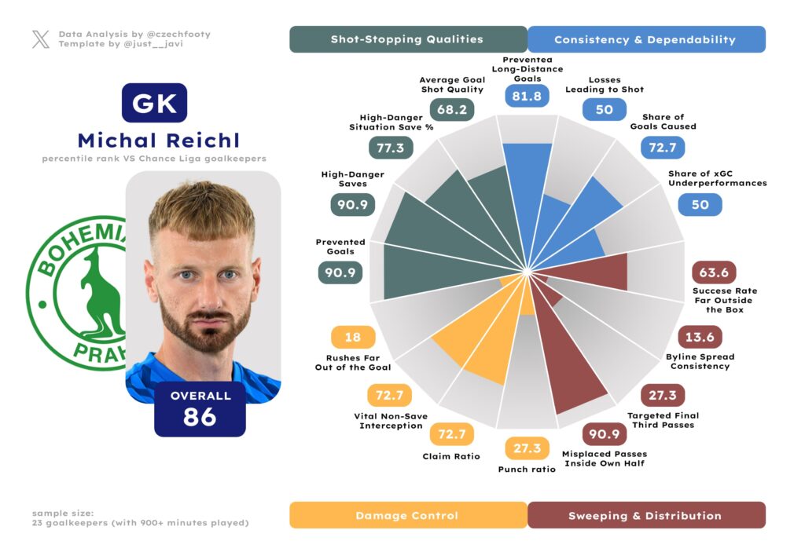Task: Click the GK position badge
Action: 154,103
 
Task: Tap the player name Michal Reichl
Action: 158,141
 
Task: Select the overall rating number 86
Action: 200,416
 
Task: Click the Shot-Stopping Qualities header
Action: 407,39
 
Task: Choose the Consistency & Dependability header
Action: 645,39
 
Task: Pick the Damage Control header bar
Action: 407,515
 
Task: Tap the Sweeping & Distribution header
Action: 645,515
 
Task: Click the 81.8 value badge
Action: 527,97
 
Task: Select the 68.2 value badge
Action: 452,108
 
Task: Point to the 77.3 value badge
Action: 391,148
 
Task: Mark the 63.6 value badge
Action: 713,272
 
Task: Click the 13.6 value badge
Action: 700,337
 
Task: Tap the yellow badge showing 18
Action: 353,338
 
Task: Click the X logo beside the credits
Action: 41,39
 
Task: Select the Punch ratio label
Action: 527,469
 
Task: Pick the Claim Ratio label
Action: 451,456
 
